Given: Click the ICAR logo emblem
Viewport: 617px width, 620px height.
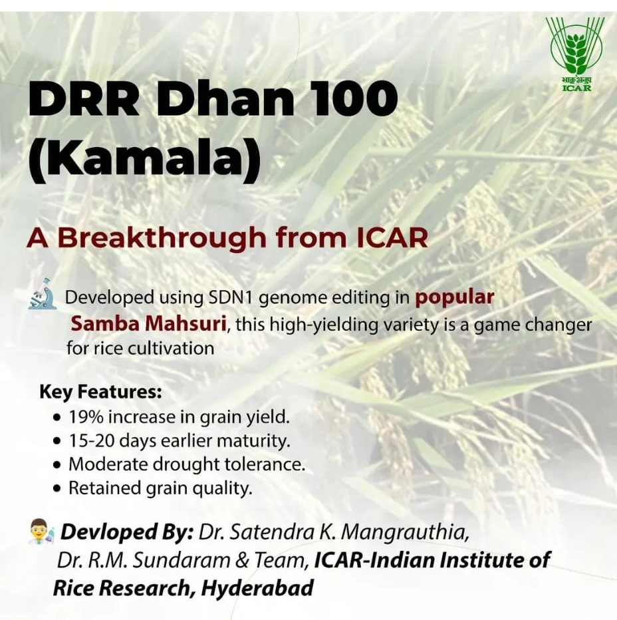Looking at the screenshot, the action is pyautogui.click(x=574, y=54).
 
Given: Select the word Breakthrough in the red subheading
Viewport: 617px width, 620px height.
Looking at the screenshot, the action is pyautogui.click(x=162, y=238).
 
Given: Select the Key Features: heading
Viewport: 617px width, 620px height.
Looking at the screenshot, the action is pyautogui.click(x=101, y=392).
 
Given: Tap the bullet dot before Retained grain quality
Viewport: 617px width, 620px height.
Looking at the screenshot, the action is pyautogui.click(x=58, y=489).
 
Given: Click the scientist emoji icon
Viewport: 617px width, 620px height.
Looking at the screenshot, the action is pyautogui.click(x=41, y=532).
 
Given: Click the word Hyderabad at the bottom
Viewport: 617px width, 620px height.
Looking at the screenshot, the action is pyautogui.click(x=257, y=588).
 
